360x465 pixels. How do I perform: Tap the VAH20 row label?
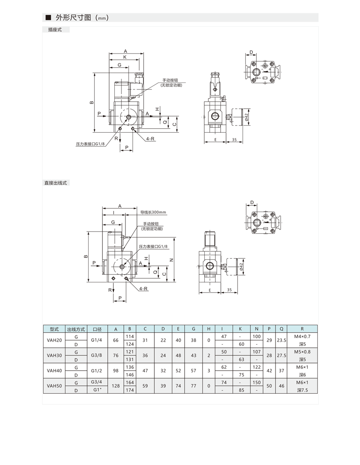(x=54, y=340)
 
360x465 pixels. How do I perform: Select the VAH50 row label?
(x=54, y=386)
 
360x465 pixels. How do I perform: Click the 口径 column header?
(x=97, y=329)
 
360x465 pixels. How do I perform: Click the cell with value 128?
(x=116, y=386)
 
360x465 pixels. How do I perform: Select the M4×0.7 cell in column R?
(x=303, y=337)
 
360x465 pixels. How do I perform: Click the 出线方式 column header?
(x=76, y=329)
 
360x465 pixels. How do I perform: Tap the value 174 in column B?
(x=130, y=390)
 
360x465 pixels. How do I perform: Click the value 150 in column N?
(x=256, y=382)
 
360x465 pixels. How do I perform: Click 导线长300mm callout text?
(x=153, y=212)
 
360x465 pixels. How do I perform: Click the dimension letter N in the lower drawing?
(x=171, y=260)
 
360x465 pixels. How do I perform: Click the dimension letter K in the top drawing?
(x=125, y=57)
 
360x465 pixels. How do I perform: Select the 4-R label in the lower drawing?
(x=143, y=289)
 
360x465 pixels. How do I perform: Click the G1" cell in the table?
(x=97, y=390)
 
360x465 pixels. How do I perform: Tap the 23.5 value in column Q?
(x=281, y=340)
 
